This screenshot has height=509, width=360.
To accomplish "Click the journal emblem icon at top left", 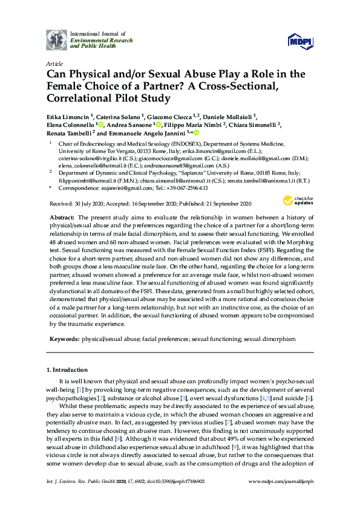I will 57,39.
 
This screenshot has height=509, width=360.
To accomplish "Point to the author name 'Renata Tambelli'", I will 70,133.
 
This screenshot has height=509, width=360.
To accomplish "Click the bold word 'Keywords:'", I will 64,340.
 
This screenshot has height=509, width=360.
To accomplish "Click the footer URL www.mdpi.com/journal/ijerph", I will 281,498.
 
